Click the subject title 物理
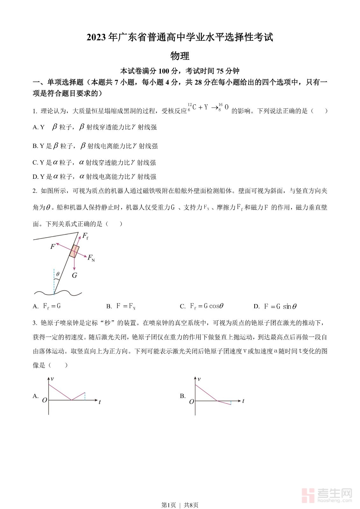[180, 56]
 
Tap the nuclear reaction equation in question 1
[208, 108]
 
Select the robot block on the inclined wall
[74, 251]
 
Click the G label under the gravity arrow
[74, 275]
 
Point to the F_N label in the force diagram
[91, 258]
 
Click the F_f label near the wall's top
[85, 236]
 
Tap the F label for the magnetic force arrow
[53, 246]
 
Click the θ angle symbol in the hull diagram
[58, 274]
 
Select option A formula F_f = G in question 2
[52, 306]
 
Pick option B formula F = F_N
[126, 306]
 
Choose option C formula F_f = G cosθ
[207, 306]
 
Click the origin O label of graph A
[45, 400]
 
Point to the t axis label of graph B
[243, 401]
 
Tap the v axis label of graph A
[52, 379]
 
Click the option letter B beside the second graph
[183, 396]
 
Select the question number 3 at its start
[34, 323]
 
